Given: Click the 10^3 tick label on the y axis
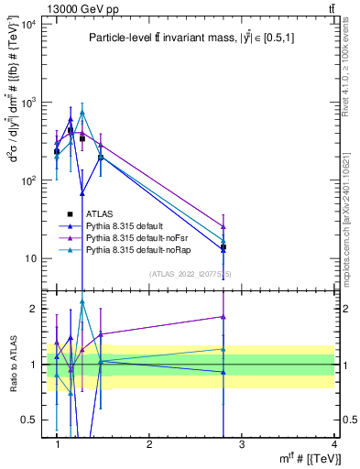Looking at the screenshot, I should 30,103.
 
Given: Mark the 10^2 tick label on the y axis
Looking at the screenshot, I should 30,180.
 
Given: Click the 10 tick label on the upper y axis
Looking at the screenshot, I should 32,258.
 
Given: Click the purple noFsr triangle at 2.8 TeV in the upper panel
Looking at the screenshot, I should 224,226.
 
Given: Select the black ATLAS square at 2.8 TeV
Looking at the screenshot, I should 224,247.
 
